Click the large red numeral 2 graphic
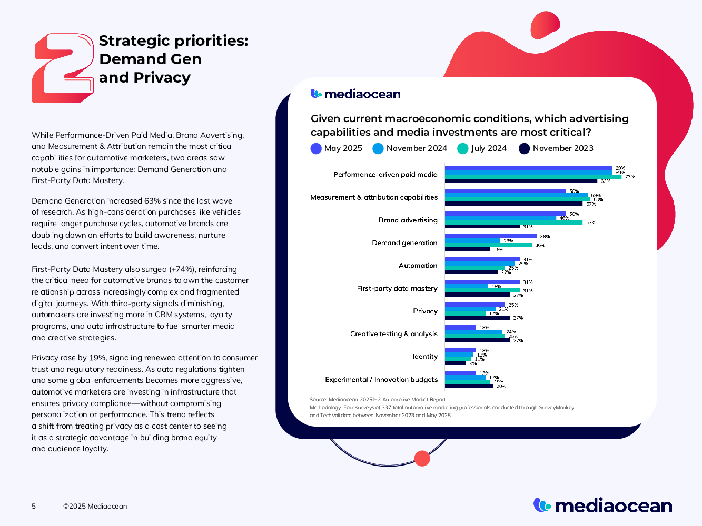point(62,68)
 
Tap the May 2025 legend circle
point(316,149)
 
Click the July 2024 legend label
point(489,149)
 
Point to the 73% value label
point(630,177)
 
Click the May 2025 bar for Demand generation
point(490,237)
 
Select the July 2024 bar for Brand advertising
point(513,222)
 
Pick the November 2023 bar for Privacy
point(477,318)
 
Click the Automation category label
point(418,266)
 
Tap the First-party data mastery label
point(397,288)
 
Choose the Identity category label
point(425,357)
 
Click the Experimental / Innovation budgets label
point(381,379)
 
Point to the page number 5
point(34,506)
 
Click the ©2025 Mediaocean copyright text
point(95,506)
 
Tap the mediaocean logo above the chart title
point(355,94)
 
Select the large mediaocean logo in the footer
point(602,505)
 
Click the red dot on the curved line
point(422,459)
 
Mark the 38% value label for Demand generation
point(545,237)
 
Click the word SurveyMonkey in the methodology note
point(556,408)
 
